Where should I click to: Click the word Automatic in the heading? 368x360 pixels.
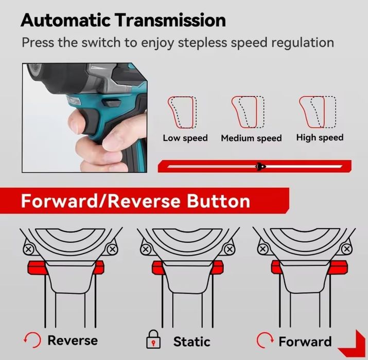tap(65, 20)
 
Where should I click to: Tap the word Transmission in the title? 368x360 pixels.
tap(170, 20)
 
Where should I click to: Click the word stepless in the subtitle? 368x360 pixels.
tap(202, 43)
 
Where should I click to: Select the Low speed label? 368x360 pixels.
tap(185, 138)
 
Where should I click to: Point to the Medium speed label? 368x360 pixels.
tap(251, 138)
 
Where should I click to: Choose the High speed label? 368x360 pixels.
tap(320, 138)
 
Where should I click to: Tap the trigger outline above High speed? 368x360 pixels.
tap(318, 112)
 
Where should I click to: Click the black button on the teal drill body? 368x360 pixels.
tap(112, 102)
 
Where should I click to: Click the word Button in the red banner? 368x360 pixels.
tap(218, 201)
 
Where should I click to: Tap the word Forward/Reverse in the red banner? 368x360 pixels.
tap(101, 201)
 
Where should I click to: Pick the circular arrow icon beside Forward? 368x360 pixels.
tap(265, 340)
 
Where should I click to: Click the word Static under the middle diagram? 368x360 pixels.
tap(191, 341)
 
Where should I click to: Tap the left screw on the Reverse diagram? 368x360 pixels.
tap(29, 249)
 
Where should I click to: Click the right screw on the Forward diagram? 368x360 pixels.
tap(347, 248)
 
